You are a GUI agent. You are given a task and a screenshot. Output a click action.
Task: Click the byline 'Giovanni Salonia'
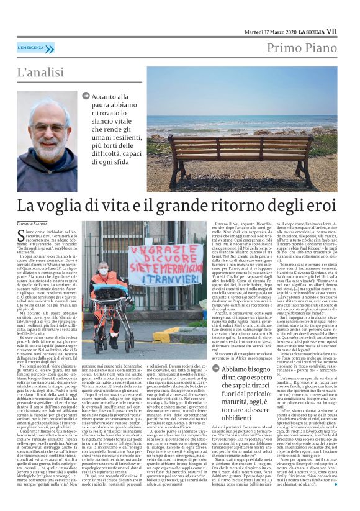[x=30, y=223]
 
